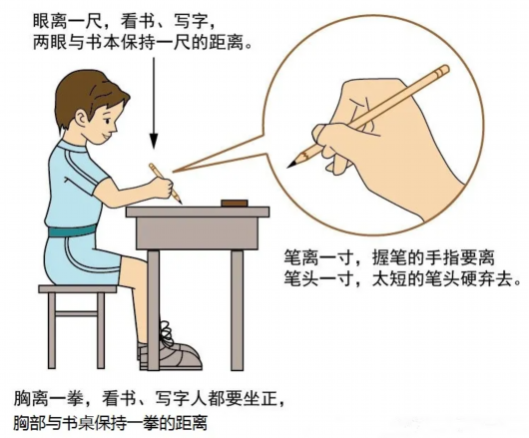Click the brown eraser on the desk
point(235,203)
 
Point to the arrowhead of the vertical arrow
point(154,141)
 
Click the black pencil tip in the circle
point(292,164)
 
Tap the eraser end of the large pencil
point(443,70)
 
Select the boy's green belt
point(73,230)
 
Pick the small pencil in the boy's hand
point(166,184)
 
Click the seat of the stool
point(78,288)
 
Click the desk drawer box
point(198,233)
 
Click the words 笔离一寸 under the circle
point(317,258)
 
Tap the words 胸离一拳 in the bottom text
point(48,399)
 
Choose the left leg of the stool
point(52,330)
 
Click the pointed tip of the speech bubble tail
point(174,172)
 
